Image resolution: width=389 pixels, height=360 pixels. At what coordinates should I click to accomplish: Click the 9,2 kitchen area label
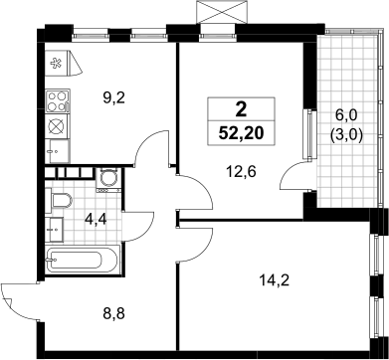point(113,98)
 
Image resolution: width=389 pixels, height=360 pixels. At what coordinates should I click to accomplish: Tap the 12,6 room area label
point(242,172)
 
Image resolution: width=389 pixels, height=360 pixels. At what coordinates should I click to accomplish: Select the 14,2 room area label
point(275,281)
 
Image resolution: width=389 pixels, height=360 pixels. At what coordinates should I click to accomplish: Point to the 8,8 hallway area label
point(113,312)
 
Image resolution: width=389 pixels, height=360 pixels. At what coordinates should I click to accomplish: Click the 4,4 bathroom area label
point(95,219)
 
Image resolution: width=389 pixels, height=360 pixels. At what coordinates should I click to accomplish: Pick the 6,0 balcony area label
point(347,116)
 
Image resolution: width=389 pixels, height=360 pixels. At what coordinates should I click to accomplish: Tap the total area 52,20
point(241,133)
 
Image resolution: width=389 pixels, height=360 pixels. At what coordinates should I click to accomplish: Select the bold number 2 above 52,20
point(241,109)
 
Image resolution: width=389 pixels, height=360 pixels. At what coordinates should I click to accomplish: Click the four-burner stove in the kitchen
point(58,101)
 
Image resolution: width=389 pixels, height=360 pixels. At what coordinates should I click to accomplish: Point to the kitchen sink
point(58,151)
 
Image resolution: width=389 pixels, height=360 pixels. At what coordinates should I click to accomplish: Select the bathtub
point(82,260)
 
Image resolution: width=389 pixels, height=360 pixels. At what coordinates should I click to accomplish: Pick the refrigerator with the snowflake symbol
point(63,63)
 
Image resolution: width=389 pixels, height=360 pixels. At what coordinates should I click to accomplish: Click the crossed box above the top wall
point(222,12)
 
